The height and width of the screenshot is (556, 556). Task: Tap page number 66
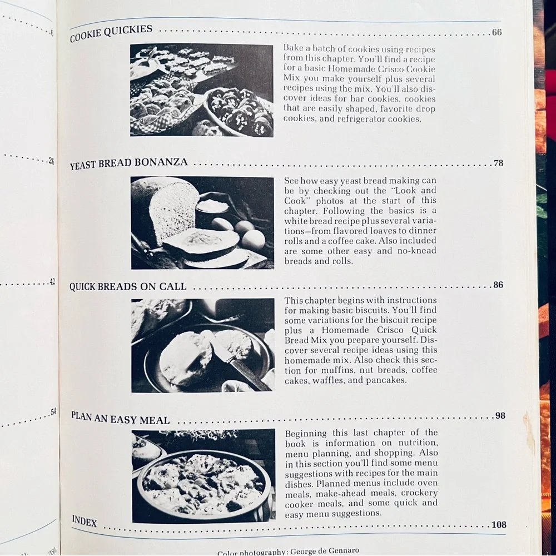pos(497,32)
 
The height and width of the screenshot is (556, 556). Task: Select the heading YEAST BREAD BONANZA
pos(129,163)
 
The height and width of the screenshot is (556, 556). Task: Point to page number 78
pos(498,163)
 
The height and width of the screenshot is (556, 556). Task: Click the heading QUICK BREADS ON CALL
pos(128,286)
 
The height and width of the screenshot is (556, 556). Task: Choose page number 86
pos(498,285)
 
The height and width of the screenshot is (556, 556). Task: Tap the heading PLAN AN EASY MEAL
pos(121,418)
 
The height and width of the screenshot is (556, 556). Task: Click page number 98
pos(500,415)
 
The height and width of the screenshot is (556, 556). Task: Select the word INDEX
pos(85,521)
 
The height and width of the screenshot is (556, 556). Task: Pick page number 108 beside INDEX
pos(499,524)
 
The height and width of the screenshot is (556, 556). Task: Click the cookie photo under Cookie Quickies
pos(201,90)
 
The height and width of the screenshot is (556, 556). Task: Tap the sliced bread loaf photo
pos(202,223)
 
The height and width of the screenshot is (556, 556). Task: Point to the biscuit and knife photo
pos(203,345)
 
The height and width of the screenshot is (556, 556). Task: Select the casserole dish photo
pos(203,476)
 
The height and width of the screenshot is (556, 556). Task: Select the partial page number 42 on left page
pos(52,282)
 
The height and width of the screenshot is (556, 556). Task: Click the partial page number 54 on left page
pos(53,412)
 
